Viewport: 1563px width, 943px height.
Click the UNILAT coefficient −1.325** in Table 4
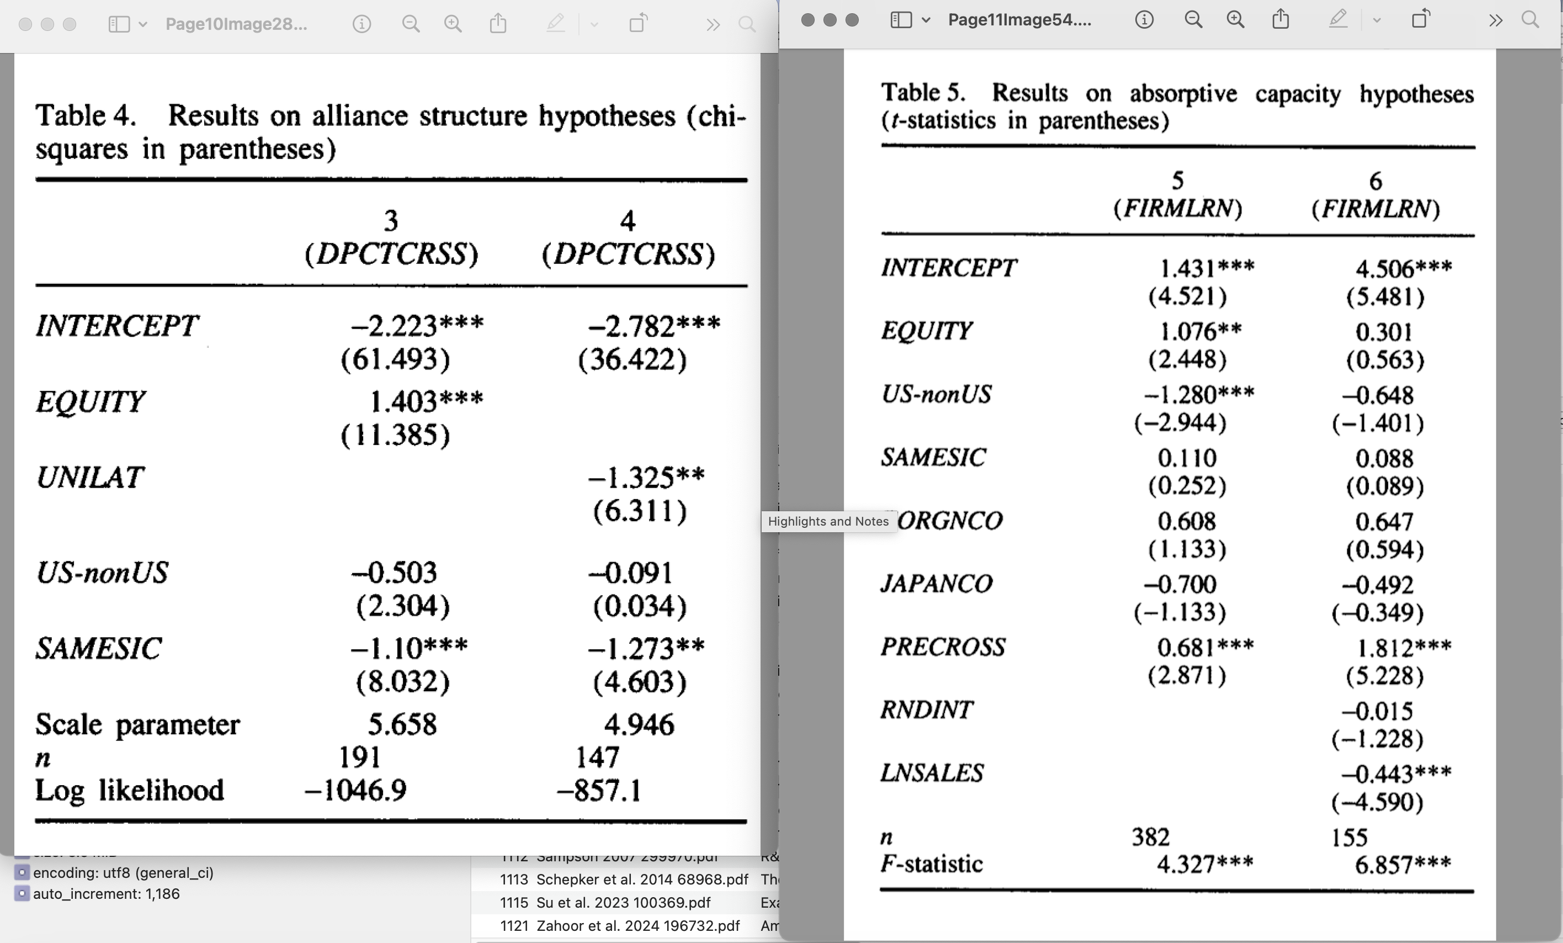(646, 477)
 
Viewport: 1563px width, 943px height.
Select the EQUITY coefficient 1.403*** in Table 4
(426, 401)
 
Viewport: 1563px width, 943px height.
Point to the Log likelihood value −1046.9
(355, 790)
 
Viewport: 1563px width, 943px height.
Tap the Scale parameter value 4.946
(639, 724)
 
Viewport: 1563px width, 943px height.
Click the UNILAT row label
(90, 477)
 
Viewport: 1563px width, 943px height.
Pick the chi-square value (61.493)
(395, 359)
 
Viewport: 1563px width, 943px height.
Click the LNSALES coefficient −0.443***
(1396, 774)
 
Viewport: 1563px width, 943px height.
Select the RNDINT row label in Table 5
(926, 709)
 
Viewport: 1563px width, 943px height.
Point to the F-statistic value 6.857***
(1402, 864)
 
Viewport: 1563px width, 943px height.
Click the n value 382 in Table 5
(1151, 837)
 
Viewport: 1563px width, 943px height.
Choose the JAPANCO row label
(936, 583)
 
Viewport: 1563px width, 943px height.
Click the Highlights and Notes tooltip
(828, 522)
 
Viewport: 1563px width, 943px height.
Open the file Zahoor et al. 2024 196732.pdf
(637, 926)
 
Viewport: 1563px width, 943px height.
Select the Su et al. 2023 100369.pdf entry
(623, 902)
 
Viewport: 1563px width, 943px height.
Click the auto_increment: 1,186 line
(106, 893)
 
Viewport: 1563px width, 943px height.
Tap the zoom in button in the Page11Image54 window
(1235, 20)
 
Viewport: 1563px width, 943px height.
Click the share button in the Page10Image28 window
(498, 24)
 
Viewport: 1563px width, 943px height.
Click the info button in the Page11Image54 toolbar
(1144, 20)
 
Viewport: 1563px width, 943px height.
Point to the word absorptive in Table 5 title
(1183, 94)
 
